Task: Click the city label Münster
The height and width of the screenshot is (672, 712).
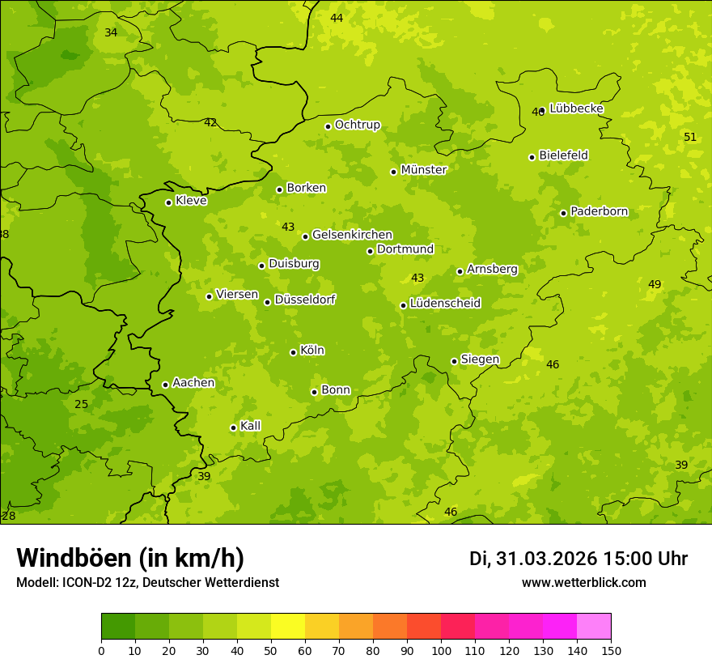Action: tap(424, 170)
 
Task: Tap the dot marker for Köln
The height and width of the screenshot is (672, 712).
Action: tap(293, 352)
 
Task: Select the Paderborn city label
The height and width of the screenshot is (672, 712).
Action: tap(599, 211)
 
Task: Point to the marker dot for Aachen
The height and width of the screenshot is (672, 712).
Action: tap(165, 385)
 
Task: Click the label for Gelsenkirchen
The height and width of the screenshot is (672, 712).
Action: tap(352, 235)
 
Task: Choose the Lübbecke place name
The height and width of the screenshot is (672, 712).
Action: tap(576, 108)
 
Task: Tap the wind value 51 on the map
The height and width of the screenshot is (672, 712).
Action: tap(690, 137)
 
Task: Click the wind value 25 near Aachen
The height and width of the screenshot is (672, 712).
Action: tap(82, 404)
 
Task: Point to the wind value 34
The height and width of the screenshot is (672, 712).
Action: tap(111, 32)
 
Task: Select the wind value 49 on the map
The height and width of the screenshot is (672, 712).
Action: tap(655, 284)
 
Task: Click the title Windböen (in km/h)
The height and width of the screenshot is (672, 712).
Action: tap(130, 558)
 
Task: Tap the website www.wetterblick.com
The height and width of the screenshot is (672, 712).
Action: tap(583, 582)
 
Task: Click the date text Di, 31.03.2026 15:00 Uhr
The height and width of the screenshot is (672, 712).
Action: tap(578, 559)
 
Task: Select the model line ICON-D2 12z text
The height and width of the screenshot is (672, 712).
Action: tap(147, 582)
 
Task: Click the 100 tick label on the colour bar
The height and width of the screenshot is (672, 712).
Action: tap(441, 650)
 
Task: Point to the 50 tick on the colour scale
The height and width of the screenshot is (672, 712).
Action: tap(271, 650)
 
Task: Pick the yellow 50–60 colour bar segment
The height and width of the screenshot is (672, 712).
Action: tap(288, 627)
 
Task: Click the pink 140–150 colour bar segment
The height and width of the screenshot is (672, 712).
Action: tap(594, 627)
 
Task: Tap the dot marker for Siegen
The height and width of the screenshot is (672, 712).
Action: tap(454, 361)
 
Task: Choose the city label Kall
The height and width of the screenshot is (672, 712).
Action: tap(250, 426)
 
